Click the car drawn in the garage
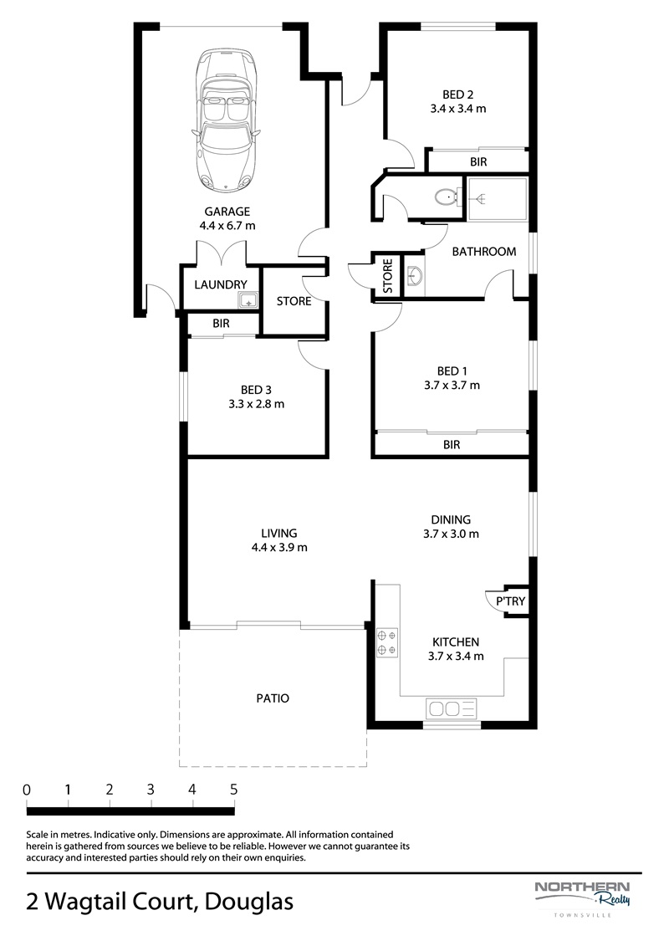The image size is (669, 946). pos(227,120)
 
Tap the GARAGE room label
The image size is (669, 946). pos(227,212)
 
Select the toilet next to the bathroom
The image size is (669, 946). pos(447,196)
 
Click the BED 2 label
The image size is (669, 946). pos(458,95)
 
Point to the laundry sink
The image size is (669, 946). pos(248,299)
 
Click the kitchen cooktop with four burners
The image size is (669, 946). pos(386,643)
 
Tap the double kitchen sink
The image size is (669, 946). pos(452,708)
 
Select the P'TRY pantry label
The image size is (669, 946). pos(510,601)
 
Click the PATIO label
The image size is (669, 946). pos(273,698)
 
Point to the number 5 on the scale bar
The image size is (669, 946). pos(233,790)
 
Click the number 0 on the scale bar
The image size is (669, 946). pos(27,790)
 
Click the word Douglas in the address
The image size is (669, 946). pos(249,902)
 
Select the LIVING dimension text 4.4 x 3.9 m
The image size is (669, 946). pos(279,548)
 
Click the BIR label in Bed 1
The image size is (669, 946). pos(452,445)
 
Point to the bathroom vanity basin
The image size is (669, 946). pos(415,276)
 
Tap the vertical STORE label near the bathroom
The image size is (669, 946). pos(388,276)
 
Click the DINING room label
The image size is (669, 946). pos(451,519)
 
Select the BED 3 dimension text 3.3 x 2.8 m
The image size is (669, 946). pos(257,404)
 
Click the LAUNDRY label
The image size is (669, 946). pos(221,284)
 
